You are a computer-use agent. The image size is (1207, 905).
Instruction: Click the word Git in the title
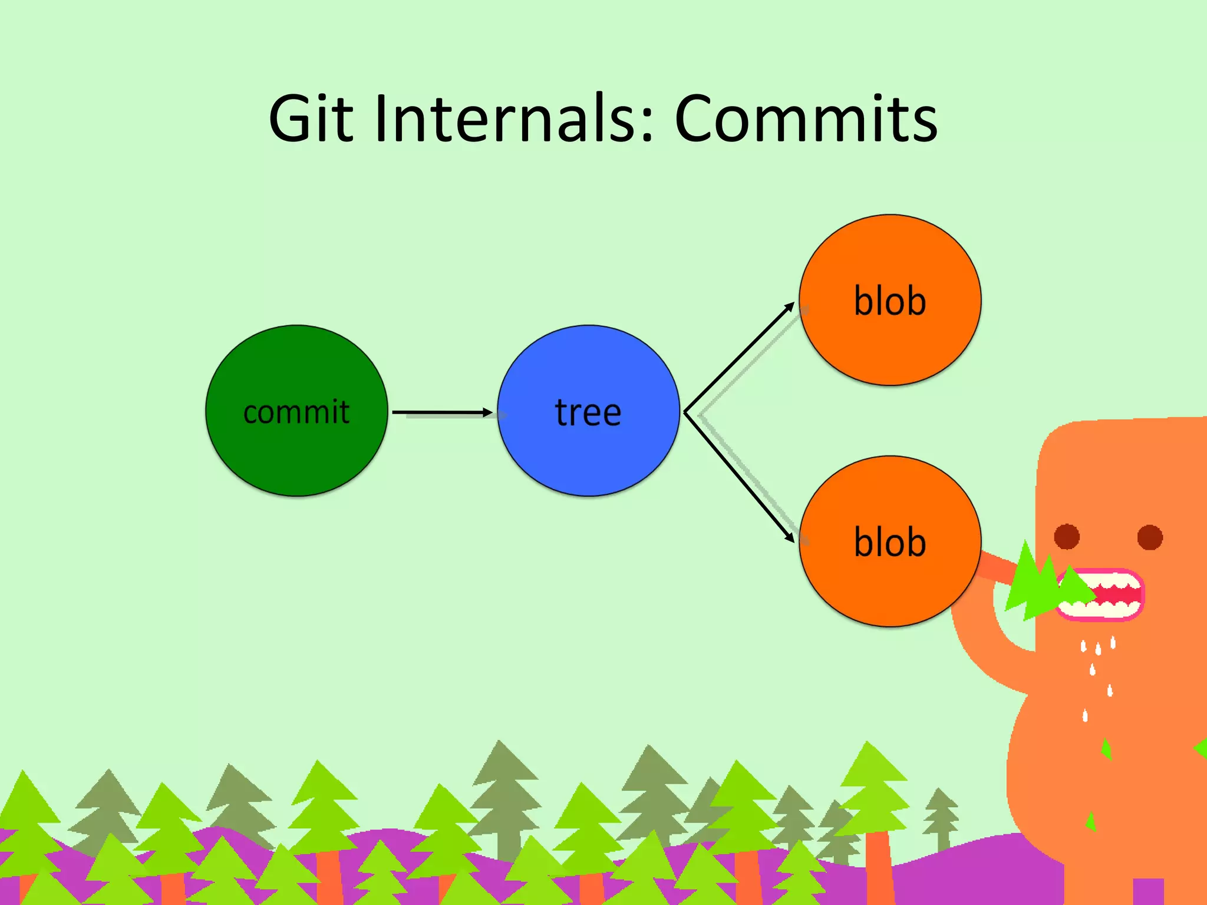[311, 119]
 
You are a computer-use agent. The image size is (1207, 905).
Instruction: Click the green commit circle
[296, 454]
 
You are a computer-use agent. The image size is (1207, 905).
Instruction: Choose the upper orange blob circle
[890, 348]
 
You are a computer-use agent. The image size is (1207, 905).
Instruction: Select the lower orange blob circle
[890, 589]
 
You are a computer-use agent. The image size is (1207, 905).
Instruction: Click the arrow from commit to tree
[442, 412]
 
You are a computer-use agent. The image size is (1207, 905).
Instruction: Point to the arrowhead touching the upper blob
[790, 307]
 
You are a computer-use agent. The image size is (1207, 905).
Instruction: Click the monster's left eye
[1067, 537]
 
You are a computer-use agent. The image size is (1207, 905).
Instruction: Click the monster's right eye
[1150, 537]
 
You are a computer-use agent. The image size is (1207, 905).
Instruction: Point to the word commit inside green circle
[296, 412]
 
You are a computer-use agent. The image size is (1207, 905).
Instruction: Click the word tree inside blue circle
[588, 412]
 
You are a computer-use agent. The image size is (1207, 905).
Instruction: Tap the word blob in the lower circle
[890, 543]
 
